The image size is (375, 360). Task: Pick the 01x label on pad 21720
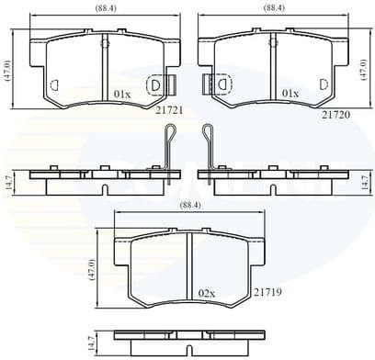click(291, 94)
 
